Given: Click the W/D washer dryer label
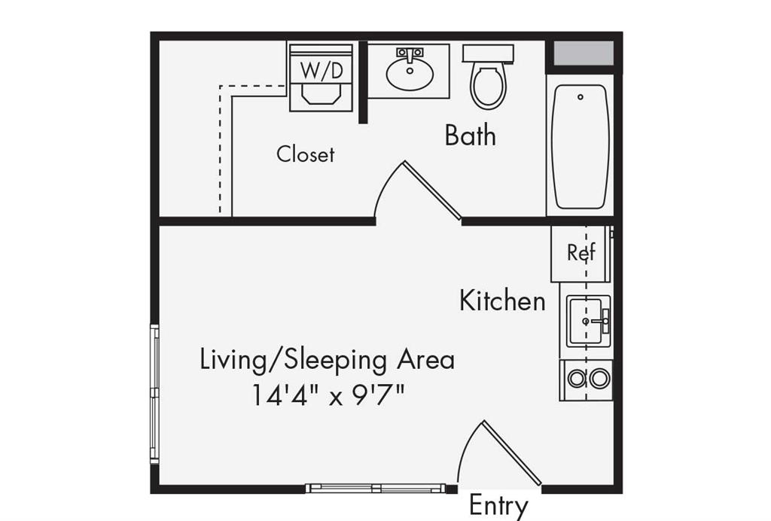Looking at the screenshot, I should (x=322, y=71).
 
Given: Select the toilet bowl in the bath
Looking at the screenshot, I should (x=488, y=87).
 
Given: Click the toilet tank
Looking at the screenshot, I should (x=488, y=53).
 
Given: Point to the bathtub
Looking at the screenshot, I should (x=580, y=147).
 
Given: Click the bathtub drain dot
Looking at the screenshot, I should (x=580, y=97).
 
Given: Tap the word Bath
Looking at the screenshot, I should (x=470, y=136).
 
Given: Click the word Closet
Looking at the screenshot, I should (x=305, y=154).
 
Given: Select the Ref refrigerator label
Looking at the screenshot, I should (x=581, y=253).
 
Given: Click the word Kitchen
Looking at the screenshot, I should (x=502, y=301).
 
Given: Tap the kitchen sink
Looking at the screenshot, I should (x=587, y=321).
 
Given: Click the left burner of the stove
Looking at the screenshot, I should (x=577, y=379).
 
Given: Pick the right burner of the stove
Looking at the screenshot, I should (x=599, y=379).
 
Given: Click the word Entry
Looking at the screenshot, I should (x=498, y=505).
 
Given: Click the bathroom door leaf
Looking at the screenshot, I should (x=432, y=190).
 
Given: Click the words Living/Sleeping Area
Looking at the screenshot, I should (x=328, y=360).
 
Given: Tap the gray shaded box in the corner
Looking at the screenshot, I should (x=584, y=53).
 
